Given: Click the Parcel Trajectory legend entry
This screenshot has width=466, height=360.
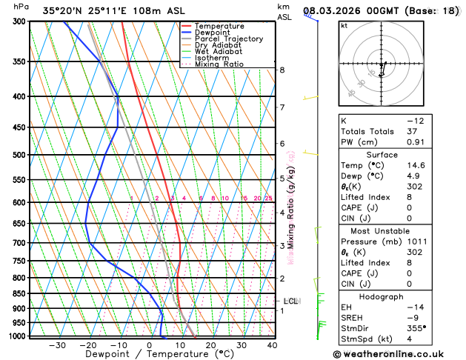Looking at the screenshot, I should pos(228,39).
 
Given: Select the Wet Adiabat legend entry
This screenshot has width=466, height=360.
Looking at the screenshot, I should pos(219,52).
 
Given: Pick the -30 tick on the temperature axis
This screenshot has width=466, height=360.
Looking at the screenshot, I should pos(57,345).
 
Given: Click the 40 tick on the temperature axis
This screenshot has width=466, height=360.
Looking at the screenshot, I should pos(272,345).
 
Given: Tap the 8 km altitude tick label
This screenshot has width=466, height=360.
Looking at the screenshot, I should pos(282,70).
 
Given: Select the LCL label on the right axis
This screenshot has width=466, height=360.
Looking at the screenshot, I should pos(291,301).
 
